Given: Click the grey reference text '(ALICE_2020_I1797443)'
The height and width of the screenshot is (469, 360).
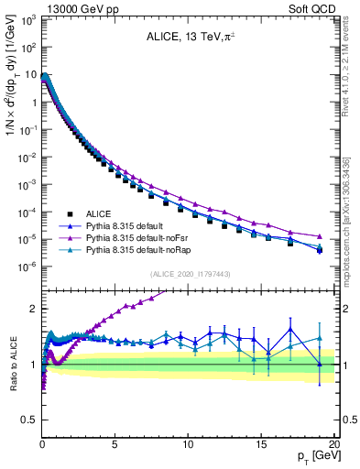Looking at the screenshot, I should pos(188,274).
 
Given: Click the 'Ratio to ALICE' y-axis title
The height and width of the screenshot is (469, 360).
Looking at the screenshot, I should pos(12,365).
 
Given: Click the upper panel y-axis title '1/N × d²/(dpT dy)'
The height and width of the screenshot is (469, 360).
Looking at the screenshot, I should pos(12,87).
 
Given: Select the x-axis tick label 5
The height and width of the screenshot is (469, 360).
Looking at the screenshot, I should pos(115,444).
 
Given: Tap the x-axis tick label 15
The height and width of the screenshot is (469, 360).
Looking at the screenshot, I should pos(262,444).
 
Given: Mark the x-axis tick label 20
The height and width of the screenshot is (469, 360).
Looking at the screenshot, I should pos(334,444).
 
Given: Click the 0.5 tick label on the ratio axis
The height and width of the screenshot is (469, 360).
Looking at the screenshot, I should pos(28,420).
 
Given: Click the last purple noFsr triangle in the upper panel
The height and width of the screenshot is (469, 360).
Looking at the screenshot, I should pos(320,236).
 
